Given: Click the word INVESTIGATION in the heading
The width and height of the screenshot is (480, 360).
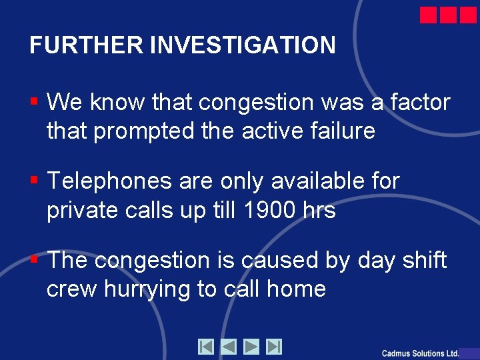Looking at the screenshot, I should [243, 45].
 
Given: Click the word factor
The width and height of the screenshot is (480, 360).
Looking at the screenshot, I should [420, 103].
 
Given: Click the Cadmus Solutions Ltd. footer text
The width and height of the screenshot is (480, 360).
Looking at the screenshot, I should [421, 353].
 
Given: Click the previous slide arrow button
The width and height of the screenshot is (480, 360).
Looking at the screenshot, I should [229, 347].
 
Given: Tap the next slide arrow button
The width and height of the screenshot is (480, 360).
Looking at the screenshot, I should [251, 347].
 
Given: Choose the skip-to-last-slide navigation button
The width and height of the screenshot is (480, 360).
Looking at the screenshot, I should [274, 347].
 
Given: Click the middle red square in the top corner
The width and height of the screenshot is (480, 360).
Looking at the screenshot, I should [448, 15].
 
